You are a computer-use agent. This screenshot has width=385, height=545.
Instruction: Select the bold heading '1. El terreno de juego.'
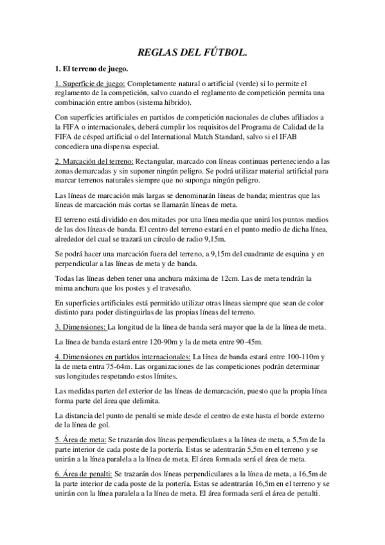tap(91, 69)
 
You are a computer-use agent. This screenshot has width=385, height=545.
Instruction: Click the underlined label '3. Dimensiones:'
tap(80, 327)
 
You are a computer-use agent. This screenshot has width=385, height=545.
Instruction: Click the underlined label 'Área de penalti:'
tap(94, 472)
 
